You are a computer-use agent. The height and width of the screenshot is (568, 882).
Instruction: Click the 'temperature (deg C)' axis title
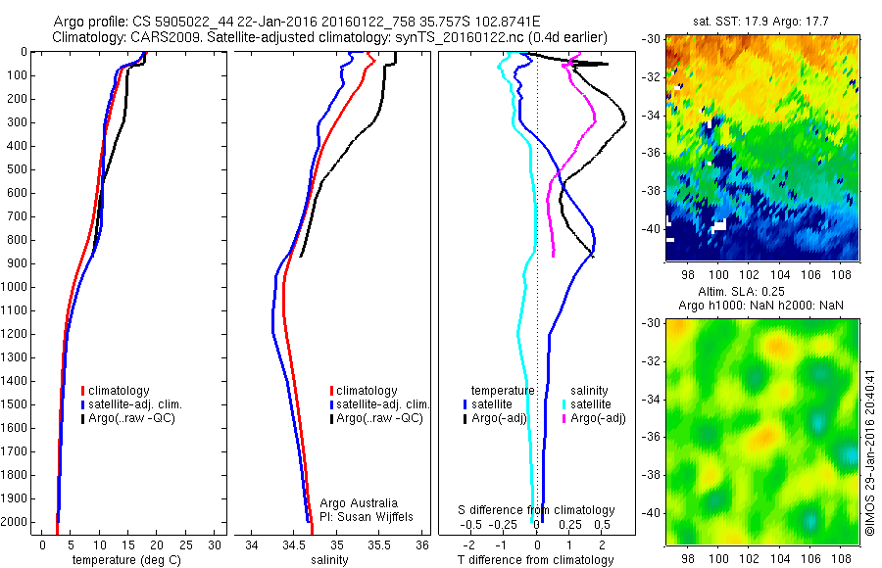coord(124,560)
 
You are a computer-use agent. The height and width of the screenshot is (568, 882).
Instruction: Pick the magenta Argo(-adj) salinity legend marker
coord(564,418)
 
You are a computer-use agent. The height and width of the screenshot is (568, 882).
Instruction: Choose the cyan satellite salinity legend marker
coord(564,403)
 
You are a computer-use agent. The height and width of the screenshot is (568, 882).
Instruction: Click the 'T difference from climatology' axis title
coord(535,560)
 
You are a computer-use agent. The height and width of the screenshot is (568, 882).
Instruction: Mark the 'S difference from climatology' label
coord(536,510)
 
